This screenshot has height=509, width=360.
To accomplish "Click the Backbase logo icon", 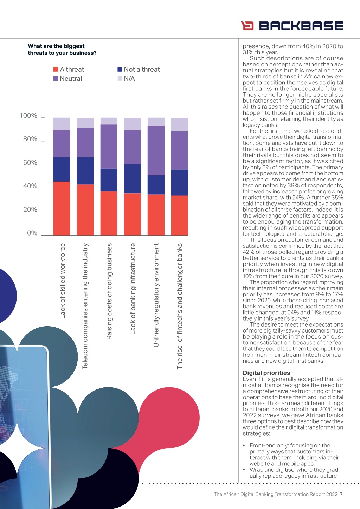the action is click(247, 26).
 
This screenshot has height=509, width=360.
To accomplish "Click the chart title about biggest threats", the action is click(62, 50).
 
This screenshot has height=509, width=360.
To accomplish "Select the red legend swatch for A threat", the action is click(56, 69).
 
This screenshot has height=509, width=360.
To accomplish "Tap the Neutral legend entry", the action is click(67, 79).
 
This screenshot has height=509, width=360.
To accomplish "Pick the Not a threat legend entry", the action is click(139, 69).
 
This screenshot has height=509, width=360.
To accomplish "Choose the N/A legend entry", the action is click(126, 79).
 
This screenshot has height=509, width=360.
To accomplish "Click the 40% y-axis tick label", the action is click(30, 186).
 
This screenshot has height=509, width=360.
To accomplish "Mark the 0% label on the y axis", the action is click(32, 233).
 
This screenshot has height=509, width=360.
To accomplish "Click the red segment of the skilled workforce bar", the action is click(62, 208).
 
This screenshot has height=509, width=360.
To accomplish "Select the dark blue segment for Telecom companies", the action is click(85, 171).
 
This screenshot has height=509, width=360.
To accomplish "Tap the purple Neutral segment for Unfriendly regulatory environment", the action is click(156, 151).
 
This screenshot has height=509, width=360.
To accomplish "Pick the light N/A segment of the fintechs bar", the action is click(180, 124).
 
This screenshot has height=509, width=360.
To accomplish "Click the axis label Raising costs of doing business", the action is click(109, 291).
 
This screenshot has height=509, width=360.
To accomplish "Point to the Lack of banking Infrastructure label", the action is click(133, 289).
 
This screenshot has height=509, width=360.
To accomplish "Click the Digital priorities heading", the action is click(266, 373).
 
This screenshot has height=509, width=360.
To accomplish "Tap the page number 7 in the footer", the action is click(341, 494).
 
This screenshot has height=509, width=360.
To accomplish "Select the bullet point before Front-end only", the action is click(244, 446).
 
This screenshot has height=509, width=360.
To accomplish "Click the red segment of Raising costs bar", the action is click(109, 213).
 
